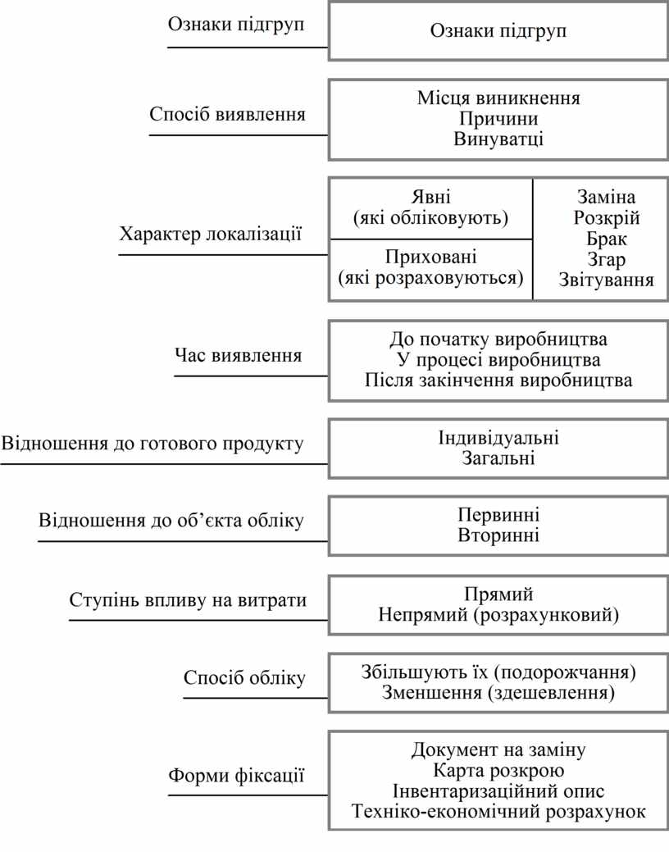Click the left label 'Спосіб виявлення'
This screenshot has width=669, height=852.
tap(227, 114)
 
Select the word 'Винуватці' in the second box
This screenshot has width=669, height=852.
tap(498, 139)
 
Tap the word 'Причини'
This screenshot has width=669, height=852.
tap(498, 119)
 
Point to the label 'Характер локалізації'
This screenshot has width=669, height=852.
tap(211, 235)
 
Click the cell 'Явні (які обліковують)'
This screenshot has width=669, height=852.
tap(430, 207)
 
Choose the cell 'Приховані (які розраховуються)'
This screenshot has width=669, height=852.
tap(430, 267)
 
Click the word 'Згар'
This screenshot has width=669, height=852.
tap(607, 260)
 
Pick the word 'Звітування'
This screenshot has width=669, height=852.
tap(607, 280)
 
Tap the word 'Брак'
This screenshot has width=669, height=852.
tap(607, 239)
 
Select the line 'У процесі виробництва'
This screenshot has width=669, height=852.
tap(498, 360)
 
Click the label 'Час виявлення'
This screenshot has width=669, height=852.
tap(238, 356)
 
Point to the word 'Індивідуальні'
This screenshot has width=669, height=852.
tap(498, 437)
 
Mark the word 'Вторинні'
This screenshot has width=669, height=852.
tap(498, 535)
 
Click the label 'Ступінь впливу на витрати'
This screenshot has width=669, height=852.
tap(188, 600)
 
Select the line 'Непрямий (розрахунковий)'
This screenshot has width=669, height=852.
tap(498, 614)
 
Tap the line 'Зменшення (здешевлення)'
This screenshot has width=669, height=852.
tap(498, 693)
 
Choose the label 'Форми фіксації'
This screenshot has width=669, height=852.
tap(236, 774)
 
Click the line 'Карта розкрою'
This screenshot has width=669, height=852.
tap(498, 771)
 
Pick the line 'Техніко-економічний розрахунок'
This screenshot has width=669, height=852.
tap(498, 812)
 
